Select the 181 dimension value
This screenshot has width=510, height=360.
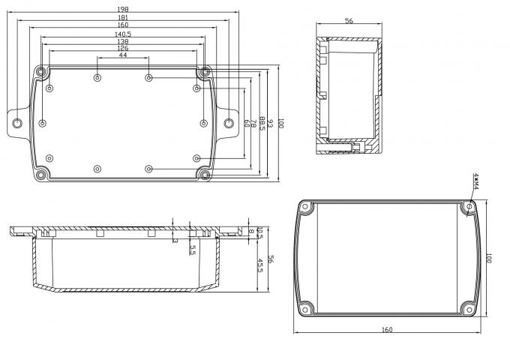coord(122,17)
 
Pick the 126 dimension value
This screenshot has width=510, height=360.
coord(122,49)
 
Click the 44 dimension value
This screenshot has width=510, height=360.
coord(122,55)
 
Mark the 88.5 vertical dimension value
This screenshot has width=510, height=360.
coord(260,123)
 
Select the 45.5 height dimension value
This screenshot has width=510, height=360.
coord(260,266)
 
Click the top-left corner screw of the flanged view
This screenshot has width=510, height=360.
coord(42,73)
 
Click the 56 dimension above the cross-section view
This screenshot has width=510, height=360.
coord(349,22)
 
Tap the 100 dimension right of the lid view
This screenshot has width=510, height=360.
coord(487,256)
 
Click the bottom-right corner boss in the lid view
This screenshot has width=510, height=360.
coord(469,307)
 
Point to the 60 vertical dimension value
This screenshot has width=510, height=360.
coord(247,123)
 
